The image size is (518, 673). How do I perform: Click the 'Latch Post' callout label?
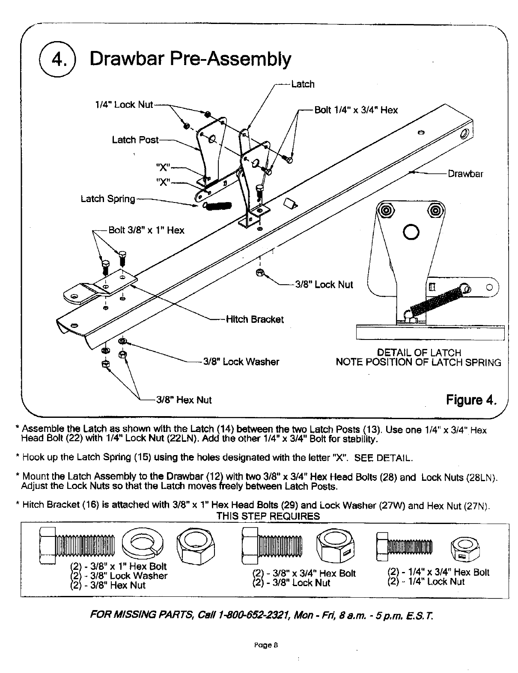coord(135,140)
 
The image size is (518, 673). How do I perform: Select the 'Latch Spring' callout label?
coord(108,199)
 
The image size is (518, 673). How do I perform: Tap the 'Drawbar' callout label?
coord(465,174)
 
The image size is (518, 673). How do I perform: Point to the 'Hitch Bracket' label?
coord(255,319)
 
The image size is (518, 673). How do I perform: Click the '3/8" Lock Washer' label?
coord(241,362)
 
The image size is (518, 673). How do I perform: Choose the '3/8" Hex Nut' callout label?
coord(184,400)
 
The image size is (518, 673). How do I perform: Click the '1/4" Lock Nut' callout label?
coord(124,105)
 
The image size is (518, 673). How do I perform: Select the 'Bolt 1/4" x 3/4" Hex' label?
coord(356,110)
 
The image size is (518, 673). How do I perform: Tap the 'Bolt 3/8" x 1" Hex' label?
coord(146,230)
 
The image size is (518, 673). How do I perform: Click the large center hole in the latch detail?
coord(410,232)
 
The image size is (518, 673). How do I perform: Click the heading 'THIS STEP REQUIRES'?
coord(268,516)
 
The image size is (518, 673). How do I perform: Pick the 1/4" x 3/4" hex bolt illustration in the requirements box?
coord(405,546)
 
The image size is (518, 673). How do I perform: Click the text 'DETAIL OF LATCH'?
coord(419,353)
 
